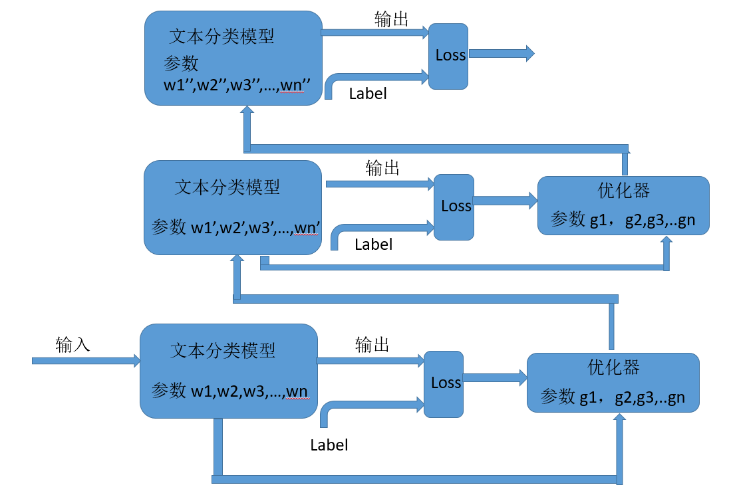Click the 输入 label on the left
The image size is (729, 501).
(73, 346)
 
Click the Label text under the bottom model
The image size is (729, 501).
(329, 445)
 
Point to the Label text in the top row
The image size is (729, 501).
(368, 94)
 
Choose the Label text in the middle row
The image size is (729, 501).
(373, 245)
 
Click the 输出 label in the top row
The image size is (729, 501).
(391, 20)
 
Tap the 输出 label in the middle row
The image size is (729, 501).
(382, 169)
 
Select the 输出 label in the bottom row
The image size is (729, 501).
(372, 345)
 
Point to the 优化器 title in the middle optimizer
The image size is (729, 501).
(623, 191)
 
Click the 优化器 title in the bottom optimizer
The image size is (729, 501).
(613, 367)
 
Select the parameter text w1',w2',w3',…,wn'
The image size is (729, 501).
(256, 229)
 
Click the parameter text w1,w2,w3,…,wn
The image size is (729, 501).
(249, 391)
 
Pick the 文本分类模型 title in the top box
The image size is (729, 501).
(221, 36)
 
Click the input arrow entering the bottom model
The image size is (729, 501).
(86, 361)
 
